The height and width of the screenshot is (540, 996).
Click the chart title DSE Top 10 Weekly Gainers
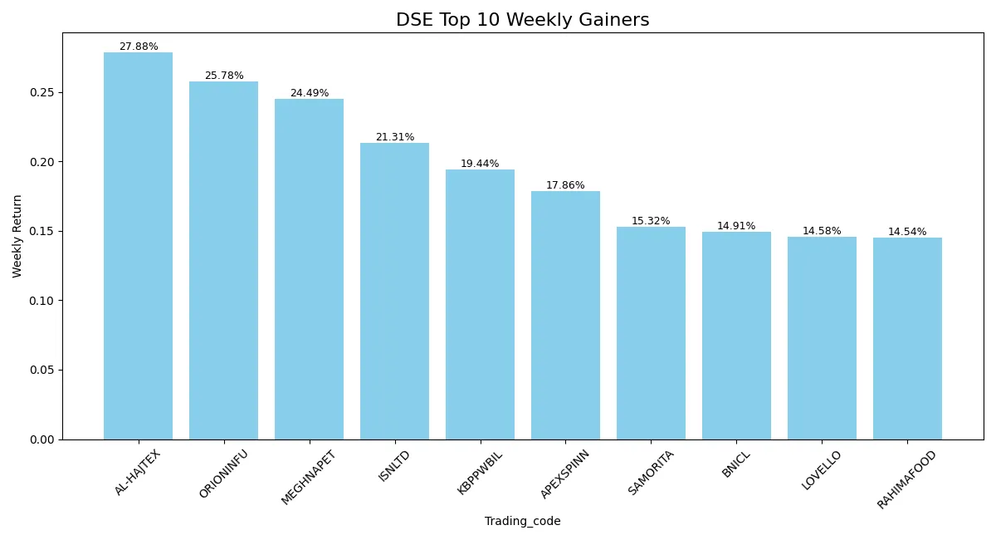pyautogui.click(x=522, y=20)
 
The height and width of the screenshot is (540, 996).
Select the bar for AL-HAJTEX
pyautogui.click(x=139, y=246)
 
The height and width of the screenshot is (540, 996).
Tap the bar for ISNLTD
pyautogui.click(x=394, y=292)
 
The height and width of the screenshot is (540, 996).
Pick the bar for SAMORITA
pyautogui.click(x=651, y=333)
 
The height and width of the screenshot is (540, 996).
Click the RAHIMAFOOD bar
pyautogui.click(x=907, y=339)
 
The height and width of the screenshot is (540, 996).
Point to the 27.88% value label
pyautogui.click(x=139, y=47)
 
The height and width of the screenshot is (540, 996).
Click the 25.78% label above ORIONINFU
pyautogui.click(x=224, y=76)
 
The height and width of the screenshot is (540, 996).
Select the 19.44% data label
pyautogui.click(x=480, y=164)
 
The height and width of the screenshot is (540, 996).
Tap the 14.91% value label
pyautogui.click(x=736, y=226)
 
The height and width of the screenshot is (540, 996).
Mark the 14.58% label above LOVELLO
pyautogui.click(x=822, y=231)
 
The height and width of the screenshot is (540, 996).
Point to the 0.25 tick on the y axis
pyautogui.click(x=41, y=92)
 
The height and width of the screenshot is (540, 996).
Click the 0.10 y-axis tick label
pyautogui.click(x=41, y=301)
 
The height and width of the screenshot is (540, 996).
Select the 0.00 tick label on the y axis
pyautogui.click(x=41, y=439)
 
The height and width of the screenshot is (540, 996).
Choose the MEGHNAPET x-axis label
pyautogui.click(x=308, y=478)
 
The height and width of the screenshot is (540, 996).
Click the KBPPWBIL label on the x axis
pyautogui.click(x=480, y=473)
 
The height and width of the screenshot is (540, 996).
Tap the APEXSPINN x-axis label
pyautogui.click(x=564, y=474)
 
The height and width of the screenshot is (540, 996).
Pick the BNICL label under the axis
pyautogui.click(x=736, y=464)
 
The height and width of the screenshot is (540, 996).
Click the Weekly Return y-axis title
pyautogui.click(x=17, y=237)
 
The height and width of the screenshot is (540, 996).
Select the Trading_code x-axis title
pyautogui.click(x=522, y=521)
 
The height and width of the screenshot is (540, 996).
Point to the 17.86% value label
pyautogui.click(x=565, y=185)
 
